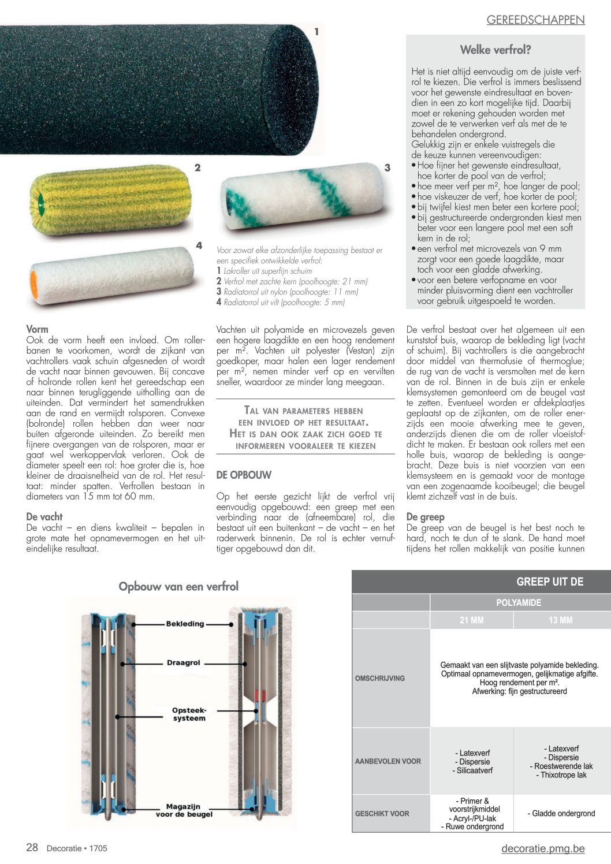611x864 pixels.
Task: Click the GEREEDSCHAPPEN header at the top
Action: [535, 20]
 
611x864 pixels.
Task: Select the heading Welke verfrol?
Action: [495, 50]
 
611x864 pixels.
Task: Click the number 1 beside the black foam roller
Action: [316, 32]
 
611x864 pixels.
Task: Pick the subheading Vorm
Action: [37, 329]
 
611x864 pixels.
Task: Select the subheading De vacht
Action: [44, 517]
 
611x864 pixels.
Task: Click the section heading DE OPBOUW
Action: [244, 475]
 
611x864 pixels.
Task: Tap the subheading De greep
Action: [425, 517]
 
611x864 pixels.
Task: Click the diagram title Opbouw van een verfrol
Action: [178, 587]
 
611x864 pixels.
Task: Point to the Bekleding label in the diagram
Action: [185, 624]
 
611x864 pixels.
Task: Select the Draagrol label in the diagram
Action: [183, 662]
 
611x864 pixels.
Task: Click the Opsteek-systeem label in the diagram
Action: [189, 714]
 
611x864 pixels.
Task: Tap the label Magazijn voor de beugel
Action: [184, 810]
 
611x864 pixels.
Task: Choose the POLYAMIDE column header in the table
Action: [519, 603]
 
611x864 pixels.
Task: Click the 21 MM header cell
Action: [471, 620]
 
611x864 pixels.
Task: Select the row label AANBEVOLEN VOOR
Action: [388, 761]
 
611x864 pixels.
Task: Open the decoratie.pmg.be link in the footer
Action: [543, 848]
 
